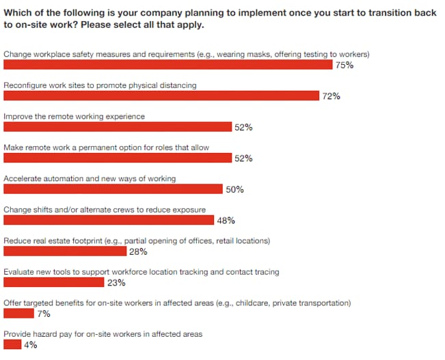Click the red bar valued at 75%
pos(168,65)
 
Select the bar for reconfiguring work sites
pos(161,96)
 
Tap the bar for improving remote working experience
pos(118,127)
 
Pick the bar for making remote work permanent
pos(118,158)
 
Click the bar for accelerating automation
pos(113,189)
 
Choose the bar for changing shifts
pos(109,221)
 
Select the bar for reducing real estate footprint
pos(66,251)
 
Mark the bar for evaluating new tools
pos(54,283)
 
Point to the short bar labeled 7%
pos(18,314)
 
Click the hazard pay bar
pos(12,345)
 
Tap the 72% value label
pos(331,96)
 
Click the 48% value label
pos(226,221)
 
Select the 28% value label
pos(138,251)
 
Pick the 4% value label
pos(30,345)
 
